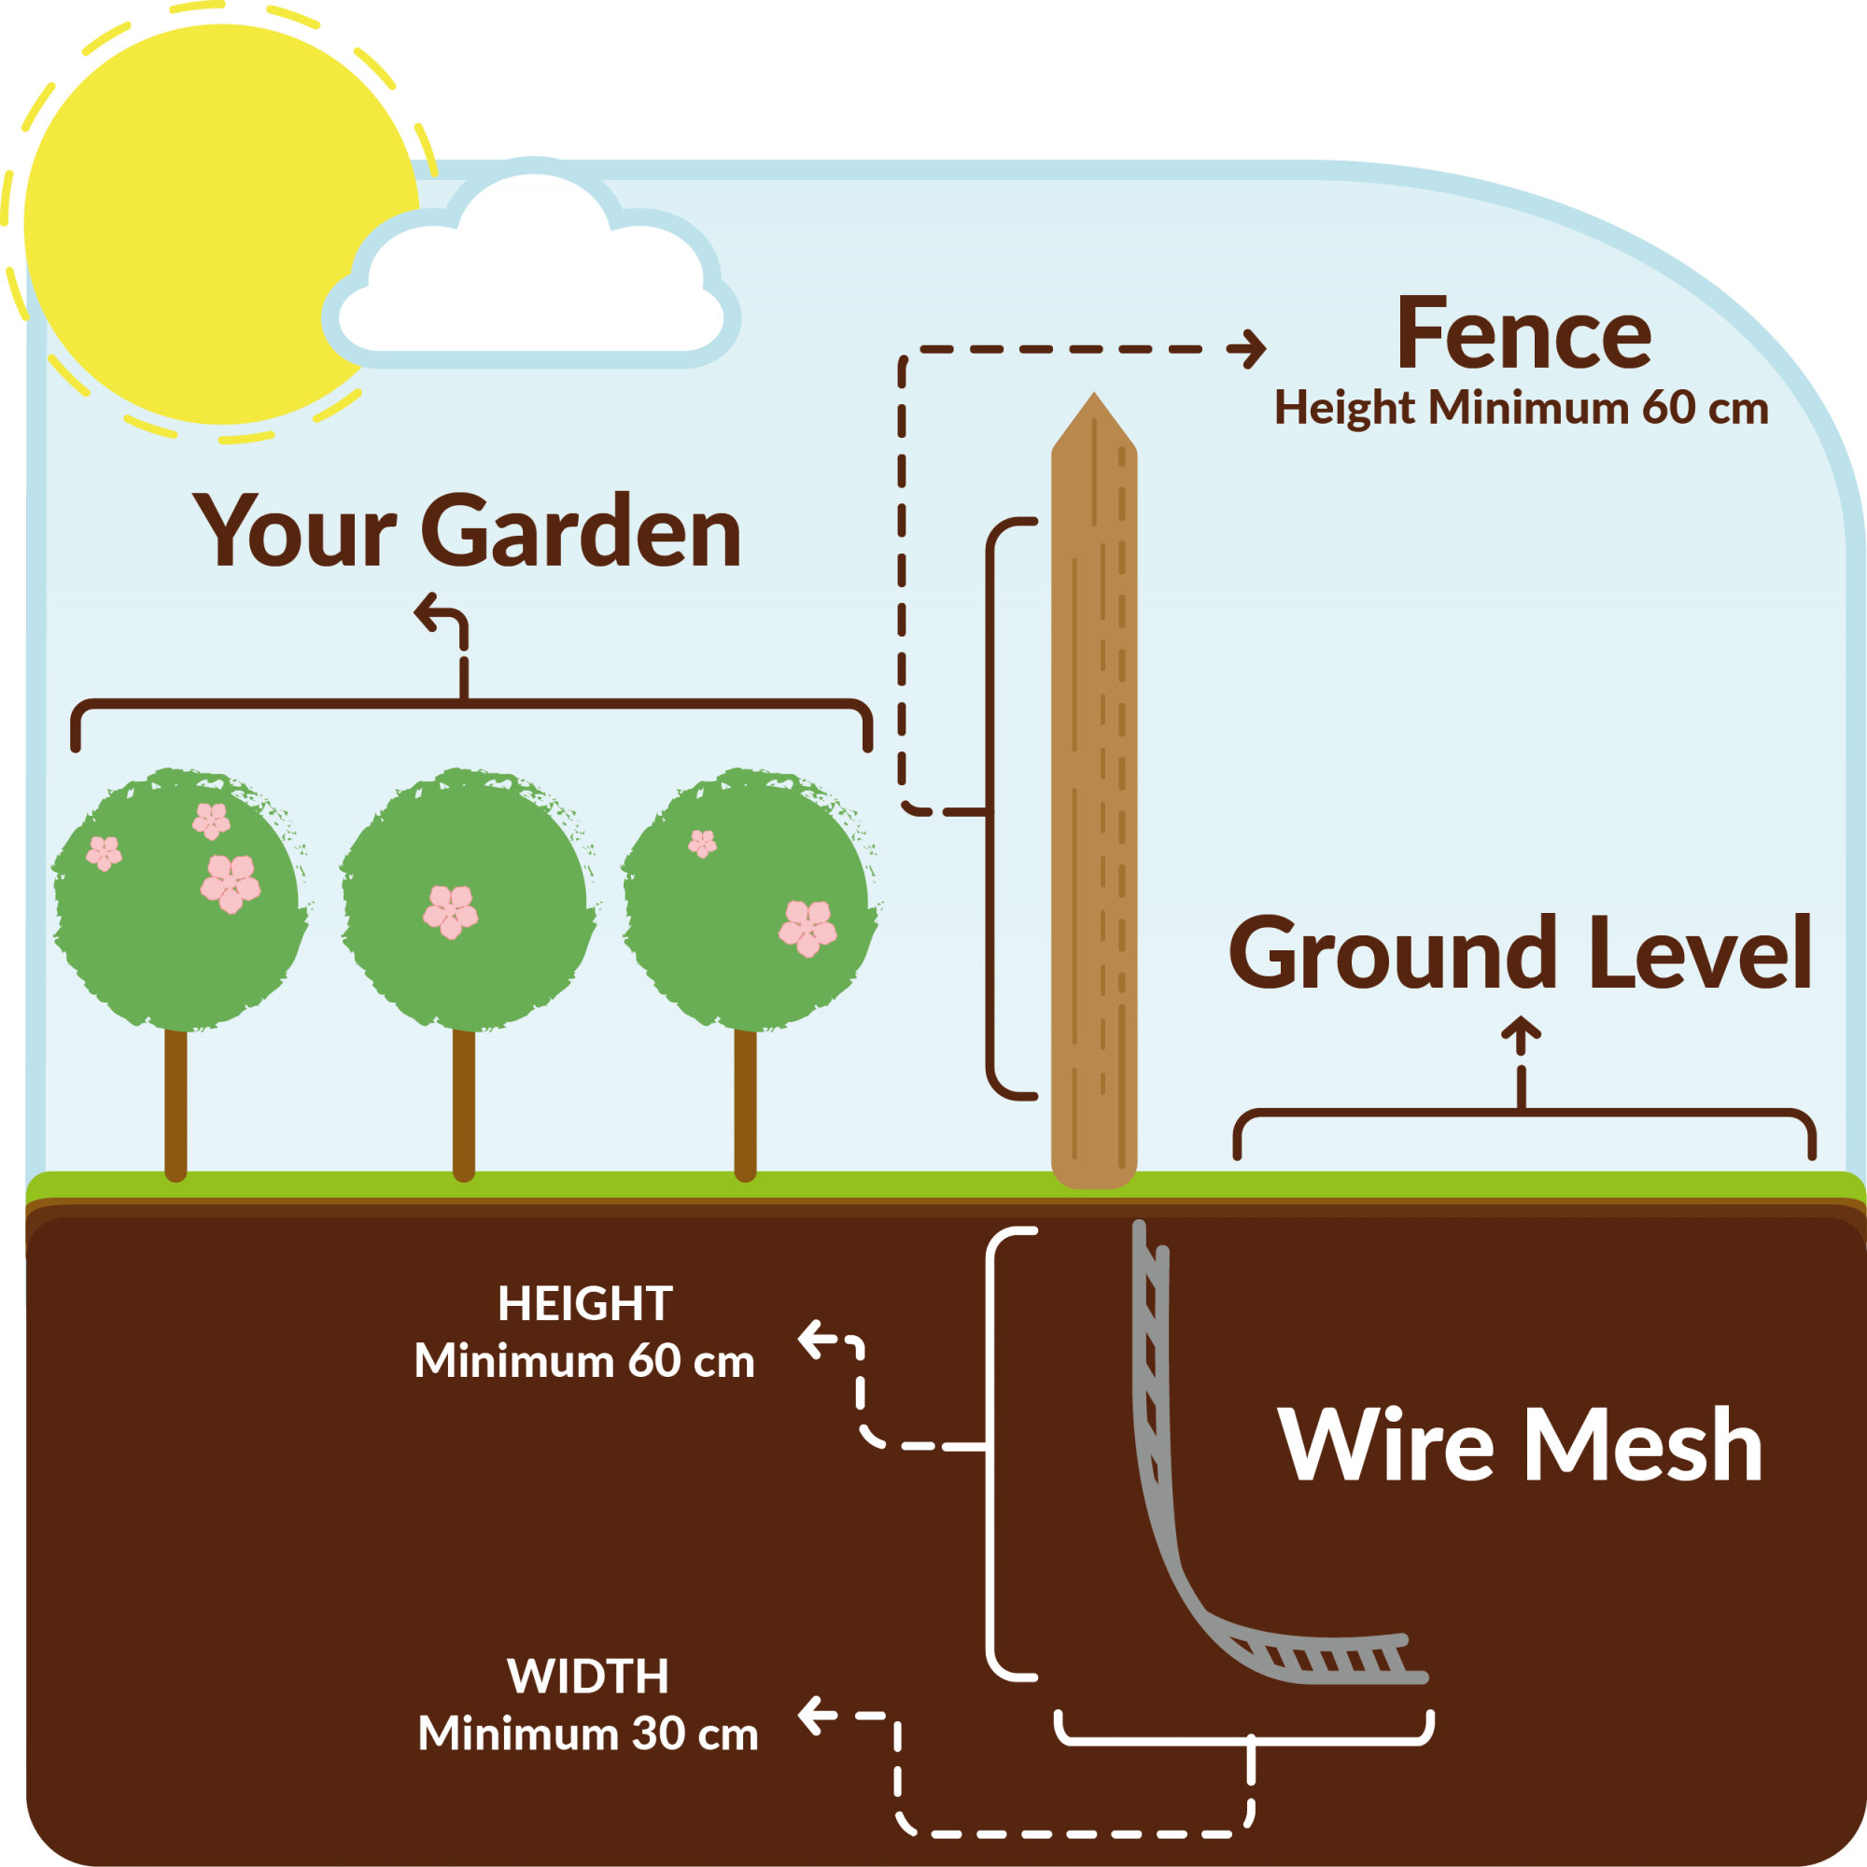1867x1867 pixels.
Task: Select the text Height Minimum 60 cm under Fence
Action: [1521, 408]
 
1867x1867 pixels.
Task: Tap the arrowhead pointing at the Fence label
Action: [1256, 349]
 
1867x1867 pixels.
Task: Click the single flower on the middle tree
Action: [450, 911]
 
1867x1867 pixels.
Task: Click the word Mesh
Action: [1642, 1446]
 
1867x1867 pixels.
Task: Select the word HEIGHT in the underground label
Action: [584, 1303]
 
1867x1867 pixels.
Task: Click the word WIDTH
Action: [587, 1676]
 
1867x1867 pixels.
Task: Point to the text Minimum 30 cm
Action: [587, 1734]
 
